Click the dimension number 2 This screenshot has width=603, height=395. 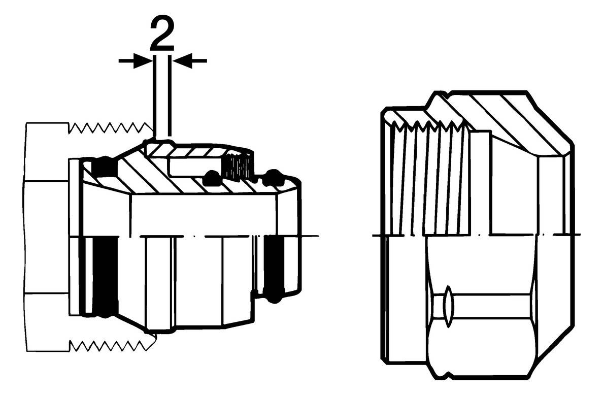pos(162,34)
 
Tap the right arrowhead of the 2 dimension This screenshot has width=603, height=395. pos(182,61)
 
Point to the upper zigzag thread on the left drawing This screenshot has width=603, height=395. pos(109,128)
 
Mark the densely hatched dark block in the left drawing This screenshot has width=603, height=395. pos(239,166)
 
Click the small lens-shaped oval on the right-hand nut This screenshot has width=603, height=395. pos(448,307)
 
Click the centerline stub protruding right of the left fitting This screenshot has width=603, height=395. pos(310,235)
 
